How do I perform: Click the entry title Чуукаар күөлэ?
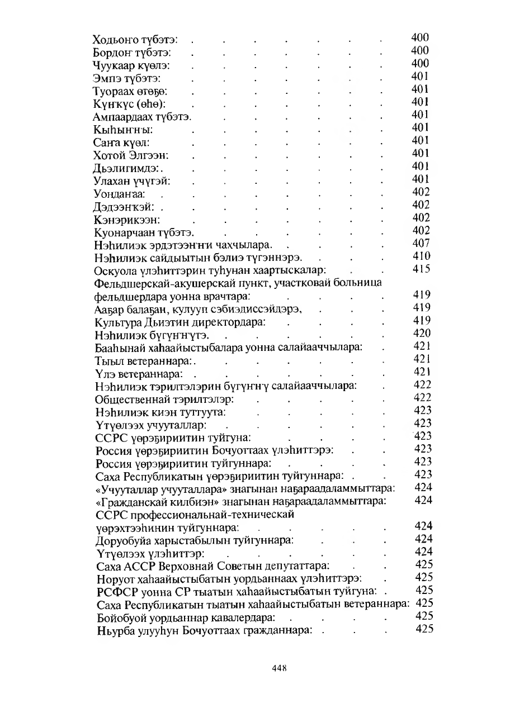click(x=126, y=65)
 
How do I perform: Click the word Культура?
click(x=117, y=321)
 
